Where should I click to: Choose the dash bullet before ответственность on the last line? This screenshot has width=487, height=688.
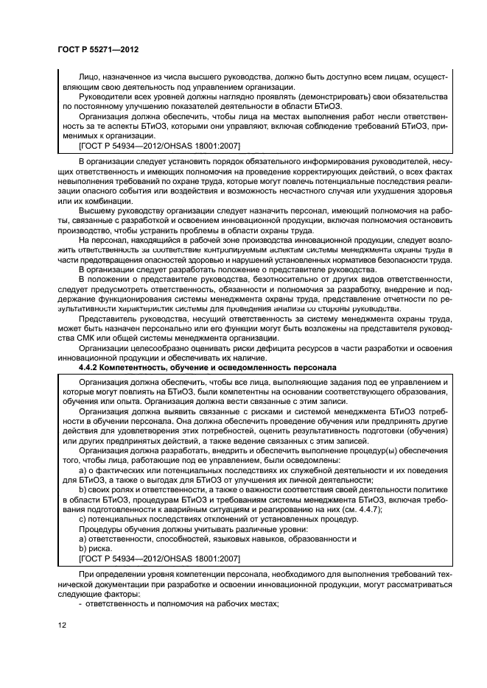click(x=80, y=603)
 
